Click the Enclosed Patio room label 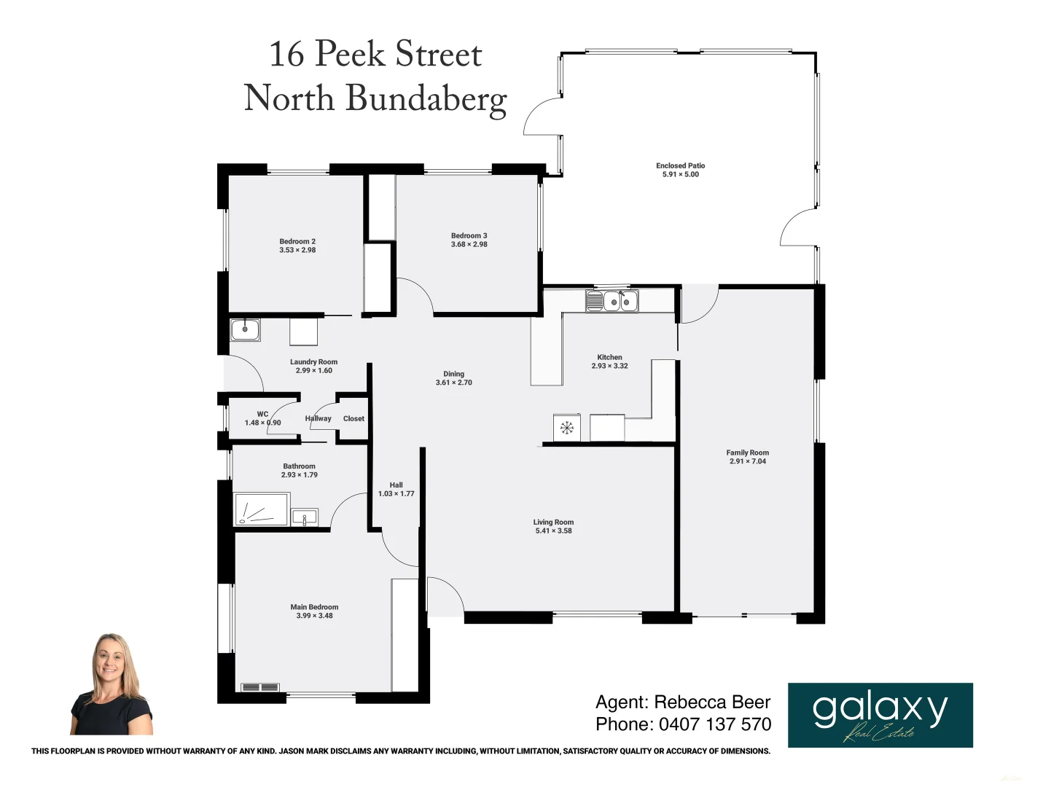pyautogui.click(x=680, y=165)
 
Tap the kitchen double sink pyautogui.click(x=612, y=301)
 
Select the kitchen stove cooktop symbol pyautogui.click(x=566, y=428)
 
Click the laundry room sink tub pyautogui.click(x=245, y=329)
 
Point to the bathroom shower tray pyautogui.click(x=261, y=509)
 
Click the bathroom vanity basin pyautogui.click(x=304, y=517)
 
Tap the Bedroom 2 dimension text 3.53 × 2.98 pyautogui.click(x=297, y=250)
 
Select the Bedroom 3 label pyautogui.click(x=469, y=235)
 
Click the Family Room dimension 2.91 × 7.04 pyautogui.click(x=747, y=461)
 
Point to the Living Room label pyautogui.click(x=553, y=522)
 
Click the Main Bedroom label pyautogui.click(x=314, y=606)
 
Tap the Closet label pyautogui.click(x=353, y=418)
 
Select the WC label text pyautogui.click(x=262, y=414)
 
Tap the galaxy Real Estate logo pyautogui.click(x=880, y=715)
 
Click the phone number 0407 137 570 pyautogui.click(x=714, y=724)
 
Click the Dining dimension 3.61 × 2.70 pyautogui.click(x=453, y=383)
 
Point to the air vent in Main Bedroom pyautogui.click(x=259, y=687)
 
